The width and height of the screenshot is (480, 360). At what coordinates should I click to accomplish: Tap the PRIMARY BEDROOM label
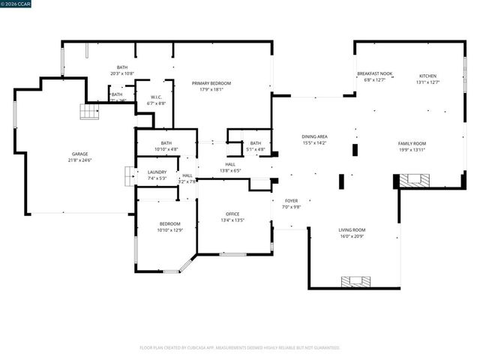(x=211, y=83)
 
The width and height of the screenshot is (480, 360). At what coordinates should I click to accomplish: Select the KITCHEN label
(x=427, y=76)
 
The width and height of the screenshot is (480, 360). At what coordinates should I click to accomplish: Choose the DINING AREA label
(x=314, y=136)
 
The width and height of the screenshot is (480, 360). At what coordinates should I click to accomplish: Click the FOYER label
(x=292, y=201)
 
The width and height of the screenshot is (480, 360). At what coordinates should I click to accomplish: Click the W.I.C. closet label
(x=157, y=96)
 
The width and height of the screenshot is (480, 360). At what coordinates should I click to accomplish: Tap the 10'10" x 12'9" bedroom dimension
(x=170, y=230)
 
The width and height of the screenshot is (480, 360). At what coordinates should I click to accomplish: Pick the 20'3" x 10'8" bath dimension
(x=121, y=73)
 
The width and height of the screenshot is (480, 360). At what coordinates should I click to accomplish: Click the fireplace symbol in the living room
(x=355, y=282)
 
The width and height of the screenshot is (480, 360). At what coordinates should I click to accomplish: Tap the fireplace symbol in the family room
(x=415, y=181)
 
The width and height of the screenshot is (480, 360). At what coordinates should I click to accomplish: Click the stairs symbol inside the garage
(x=89, y=112)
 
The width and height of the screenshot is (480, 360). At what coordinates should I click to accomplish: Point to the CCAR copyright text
(x=17, y=4)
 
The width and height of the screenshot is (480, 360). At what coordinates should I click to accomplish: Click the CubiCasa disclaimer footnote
(x=240, y=347)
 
